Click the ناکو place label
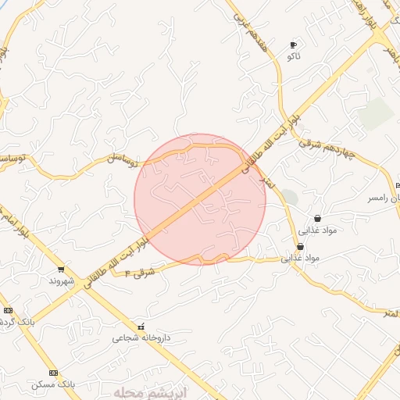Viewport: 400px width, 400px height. click(x=294, y=57)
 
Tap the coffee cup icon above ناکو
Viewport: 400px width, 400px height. click(x=294, y=45)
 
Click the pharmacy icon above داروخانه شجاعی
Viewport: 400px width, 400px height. click(x=141, y=327)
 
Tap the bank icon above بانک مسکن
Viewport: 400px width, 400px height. click(x=53, y=373)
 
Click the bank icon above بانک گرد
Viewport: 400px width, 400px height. click(x=8, y=310)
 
